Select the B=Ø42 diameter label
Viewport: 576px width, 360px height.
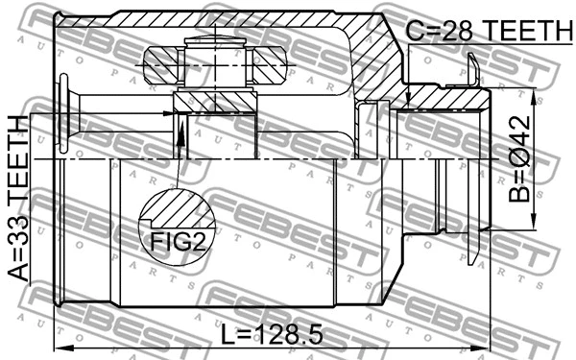pos(519,162)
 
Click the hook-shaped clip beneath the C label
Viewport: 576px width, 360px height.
pos(473,69)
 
